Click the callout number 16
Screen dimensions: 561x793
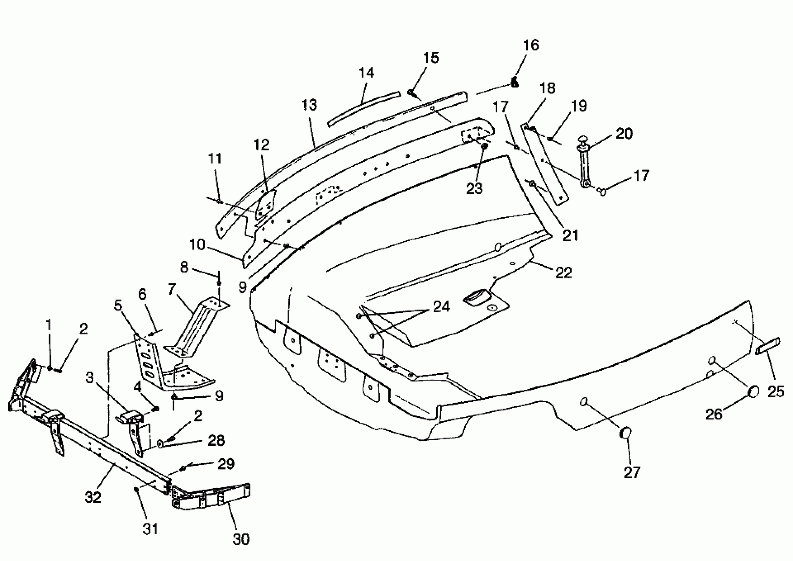531,45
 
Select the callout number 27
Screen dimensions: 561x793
632,472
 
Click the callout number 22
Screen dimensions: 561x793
564,273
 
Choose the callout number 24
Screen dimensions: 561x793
442,307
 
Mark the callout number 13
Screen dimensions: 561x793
309,105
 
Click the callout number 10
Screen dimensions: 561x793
197,245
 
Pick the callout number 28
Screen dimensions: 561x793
216,441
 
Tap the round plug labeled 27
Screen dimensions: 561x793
626,433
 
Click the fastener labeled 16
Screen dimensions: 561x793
514,83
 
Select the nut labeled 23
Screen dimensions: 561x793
484,146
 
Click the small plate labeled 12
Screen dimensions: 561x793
265,206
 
